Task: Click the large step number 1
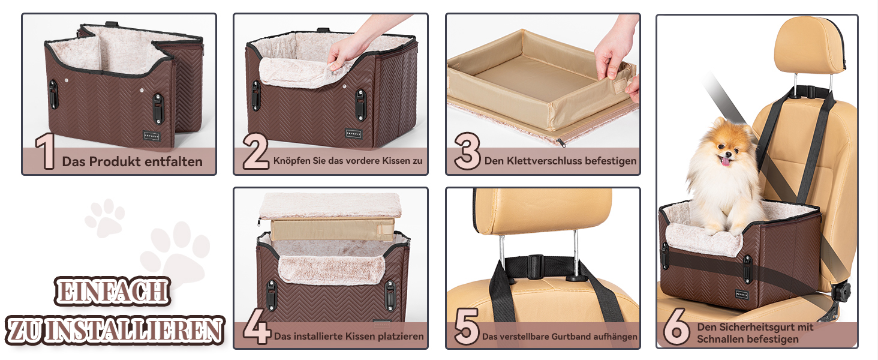coord(46,152)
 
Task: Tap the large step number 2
coord(255,151)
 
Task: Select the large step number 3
coord(467,151)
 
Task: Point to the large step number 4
coord(256,326)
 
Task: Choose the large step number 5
coord(467,326)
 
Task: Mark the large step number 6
coord(677,326)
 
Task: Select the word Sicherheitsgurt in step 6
coord(758,327)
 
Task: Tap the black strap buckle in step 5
coord(536,266)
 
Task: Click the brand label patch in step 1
coord(151,136)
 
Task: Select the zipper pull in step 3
coord(561,143)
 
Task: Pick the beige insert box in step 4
coord(332,229)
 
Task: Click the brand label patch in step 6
coord(742,294)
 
